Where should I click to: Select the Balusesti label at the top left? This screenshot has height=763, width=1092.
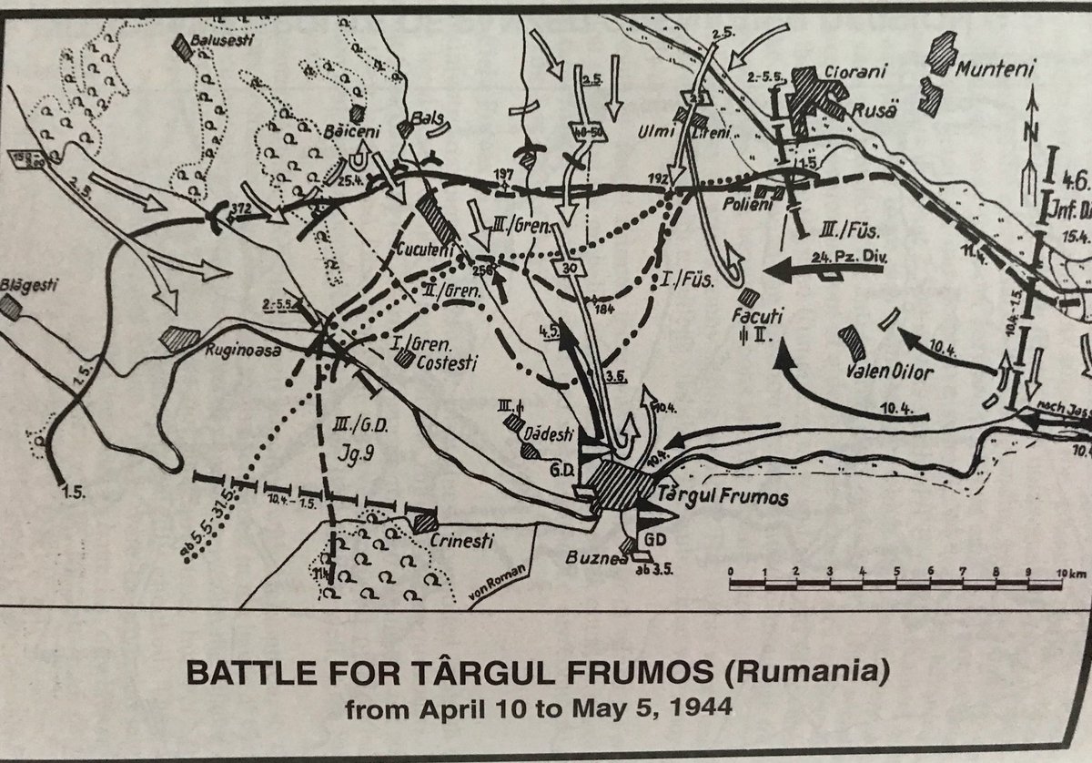(x=221, y=41)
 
